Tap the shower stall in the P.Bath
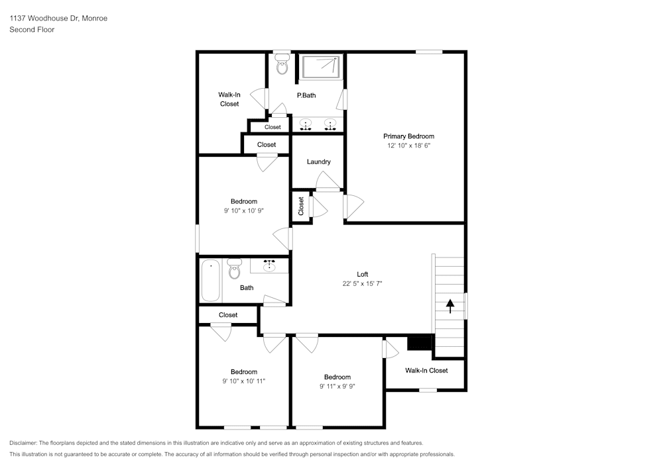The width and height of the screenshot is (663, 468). point(321,67)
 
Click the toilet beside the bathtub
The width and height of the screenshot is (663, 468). point(234,269)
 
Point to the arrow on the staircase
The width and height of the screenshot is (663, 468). point(450,305)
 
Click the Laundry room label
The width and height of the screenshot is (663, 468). point(318,162)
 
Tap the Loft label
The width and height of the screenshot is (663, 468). point(362,274)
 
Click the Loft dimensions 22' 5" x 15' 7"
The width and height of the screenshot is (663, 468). point(362,283)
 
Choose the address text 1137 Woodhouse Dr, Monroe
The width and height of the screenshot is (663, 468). point(58,19)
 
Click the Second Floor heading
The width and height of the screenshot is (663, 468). point(32,30)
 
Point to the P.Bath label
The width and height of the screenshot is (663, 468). point(306,95)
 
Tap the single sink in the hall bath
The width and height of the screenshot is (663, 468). point(270,265)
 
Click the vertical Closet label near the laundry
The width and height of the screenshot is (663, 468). point(301,206)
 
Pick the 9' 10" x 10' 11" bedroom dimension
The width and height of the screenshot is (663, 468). point(243,381)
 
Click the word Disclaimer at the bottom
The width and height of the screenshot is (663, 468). point(23,443)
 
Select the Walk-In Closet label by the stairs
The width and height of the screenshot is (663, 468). point(426,371)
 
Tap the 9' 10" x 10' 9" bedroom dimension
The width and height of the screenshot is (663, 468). point(243,211)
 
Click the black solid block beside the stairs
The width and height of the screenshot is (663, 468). point(419,343)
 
